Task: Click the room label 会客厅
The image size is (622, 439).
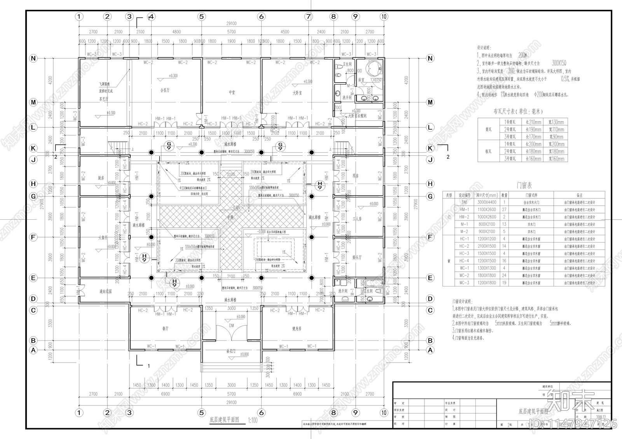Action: (165, 90)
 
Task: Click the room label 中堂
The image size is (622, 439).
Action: (232, 92)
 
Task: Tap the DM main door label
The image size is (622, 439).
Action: (232, 325)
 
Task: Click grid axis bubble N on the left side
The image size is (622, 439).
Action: (33, 59)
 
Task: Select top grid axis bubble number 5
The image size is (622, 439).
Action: (201, 17)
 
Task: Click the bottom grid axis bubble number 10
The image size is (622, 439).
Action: (384, 413)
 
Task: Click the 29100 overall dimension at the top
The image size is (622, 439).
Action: (231, 24)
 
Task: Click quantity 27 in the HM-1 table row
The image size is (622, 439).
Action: (504, 210)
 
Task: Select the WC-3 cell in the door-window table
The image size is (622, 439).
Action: (464, 283)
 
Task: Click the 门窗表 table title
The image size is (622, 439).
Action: (524, 186)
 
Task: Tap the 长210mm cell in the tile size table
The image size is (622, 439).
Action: (533, 122)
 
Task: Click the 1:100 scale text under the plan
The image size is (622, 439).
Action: (253, 420)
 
